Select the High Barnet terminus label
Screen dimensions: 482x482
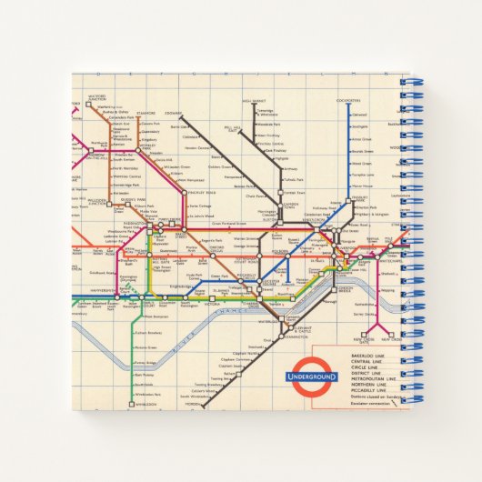[x=254, y=101]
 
